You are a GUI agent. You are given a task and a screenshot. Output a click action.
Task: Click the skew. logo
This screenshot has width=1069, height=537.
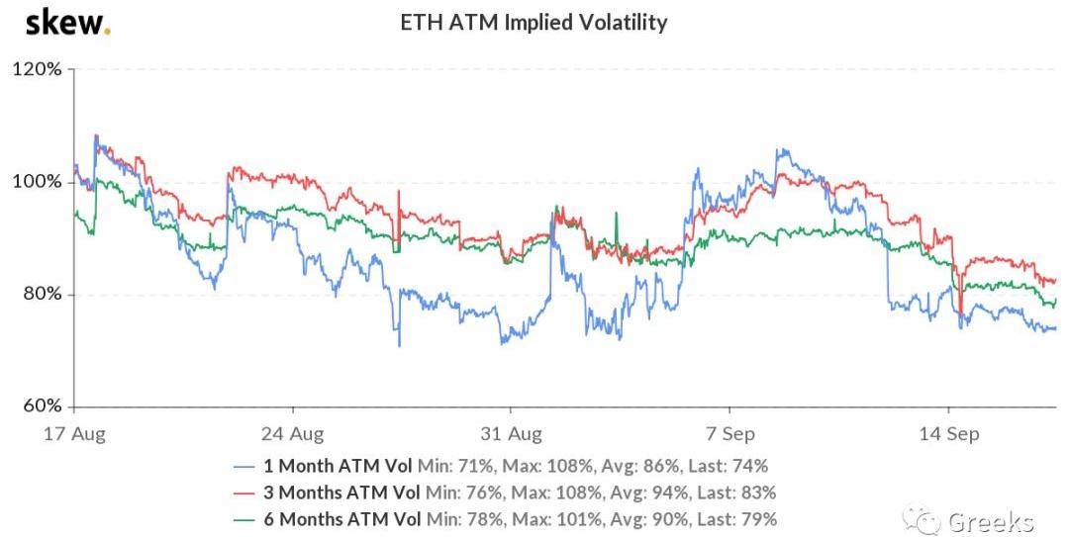tap(67, 21)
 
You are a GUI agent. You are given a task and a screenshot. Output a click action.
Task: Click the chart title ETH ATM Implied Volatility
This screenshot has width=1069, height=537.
tap(534, 21)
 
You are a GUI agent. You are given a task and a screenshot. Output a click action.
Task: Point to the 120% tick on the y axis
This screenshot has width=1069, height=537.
tap(37, 70)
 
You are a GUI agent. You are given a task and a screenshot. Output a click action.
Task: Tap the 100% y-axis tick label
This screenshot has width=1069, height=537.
tap(37, 183)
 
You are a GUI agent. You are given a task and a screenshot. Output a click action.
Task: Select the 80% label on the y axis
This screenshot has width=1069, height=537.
tap(41, 295)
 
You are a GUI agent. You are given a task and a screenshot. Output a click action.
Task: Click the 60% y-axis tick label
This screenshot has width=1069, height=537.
tap(41, 406)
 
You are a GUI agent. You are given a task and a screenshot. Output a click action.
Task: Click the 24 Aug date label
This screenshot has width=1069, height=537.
tap(293, 433)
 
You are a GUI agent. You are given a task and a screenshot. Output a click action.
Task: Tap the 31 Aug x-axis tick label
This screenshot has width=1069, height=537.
tap(510, 433)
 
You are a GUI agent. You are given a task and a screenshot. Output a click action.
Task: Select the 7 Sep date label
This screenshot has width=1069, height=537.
tap(729, 433)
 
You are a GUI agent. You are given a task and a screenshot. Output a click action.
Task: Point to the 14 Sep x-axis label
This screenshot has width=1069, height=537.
tap(947, 433)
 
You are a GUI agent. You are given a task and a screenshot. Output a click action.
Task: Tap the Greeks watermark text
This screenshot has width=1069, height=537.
tap(990, 521)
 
